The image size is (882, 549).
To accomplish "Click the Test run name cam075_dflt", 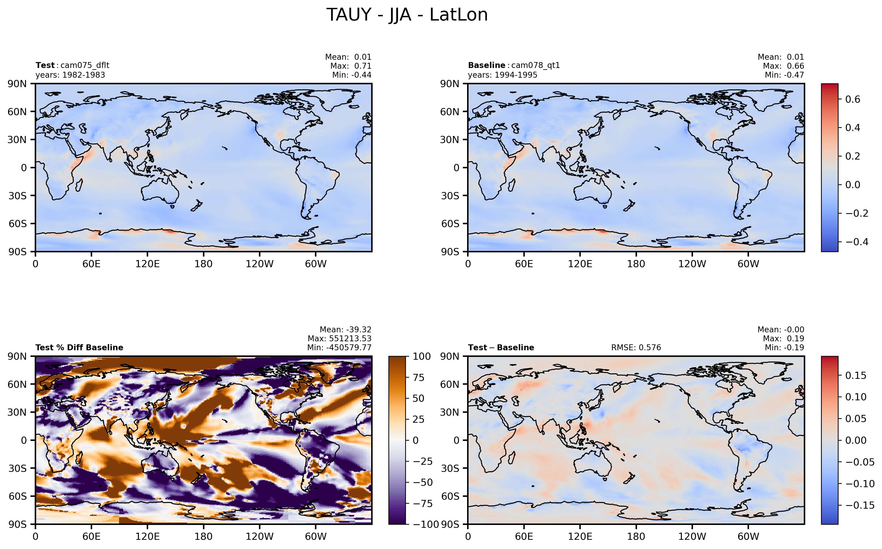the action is [x=85, y=65].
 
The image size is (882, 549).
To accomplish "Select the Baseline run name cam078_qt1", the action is [x=535, y=65].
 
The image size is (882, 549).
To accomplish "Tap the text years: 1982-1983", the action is [x=70, y=75].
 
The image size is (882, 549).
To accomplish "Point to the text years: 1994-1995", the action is [x=502, y=75].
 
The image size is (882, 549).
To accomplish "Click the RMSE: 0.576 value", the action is [x=636, y=347].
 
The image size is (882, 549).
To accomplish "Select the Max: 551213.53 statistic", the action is [x=340, y=338].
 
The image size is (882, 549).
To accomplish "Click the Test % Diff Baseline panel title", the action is [x=79, y=347].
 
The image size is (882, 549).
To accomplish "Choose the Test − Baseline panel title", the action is [x=501, y=347].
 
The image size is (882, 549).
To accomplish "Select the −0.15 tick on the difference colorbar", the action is [x=860, y=505].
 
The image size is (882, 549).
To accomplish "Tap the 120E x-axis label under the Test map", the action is [x=147, y=264].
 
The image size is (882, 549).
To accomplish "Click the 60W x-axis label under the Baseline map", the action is [x=748, y=264].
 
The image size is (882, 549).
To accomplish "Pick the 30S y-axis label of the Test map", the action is [x=17, y=196].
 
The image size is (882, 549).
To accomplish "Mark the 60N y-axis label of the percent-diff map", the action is [x=17, y=384].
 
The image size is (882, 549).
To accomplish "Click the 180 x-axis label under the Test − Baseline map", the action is [x=636, y=536].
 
